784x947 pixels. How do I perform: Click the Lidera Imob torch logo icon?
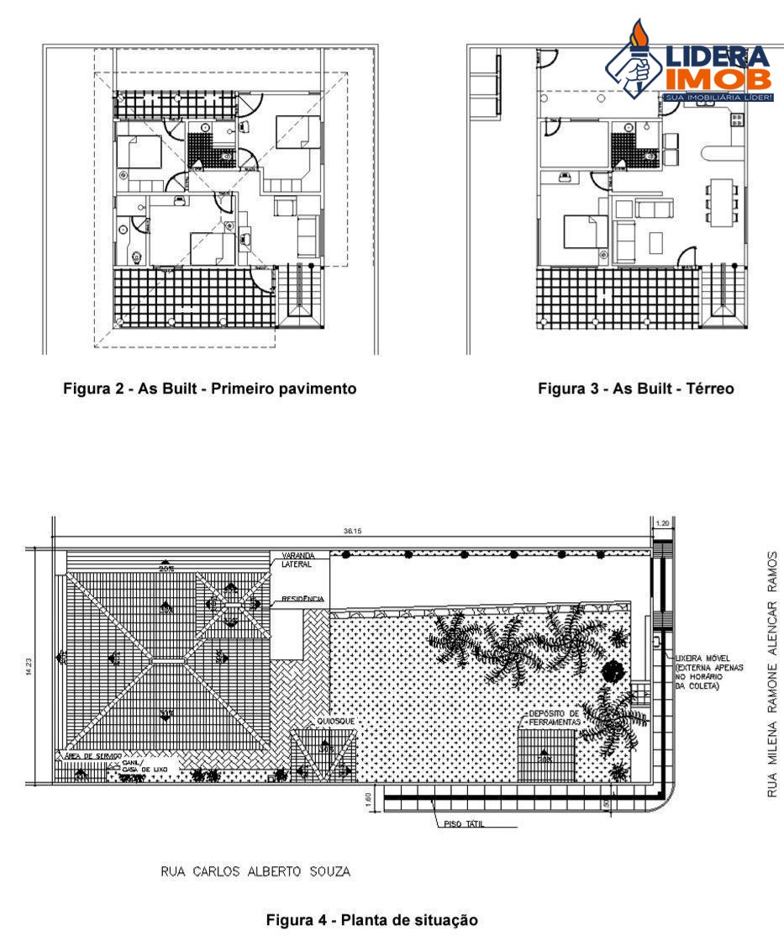click(x=635, y=61)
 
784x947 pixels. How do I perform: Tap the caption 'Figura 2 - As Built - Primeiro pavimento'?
click(x=210, y=389)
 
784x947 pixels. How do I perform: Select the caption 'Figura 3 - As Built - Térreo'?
click(x=636, y=389)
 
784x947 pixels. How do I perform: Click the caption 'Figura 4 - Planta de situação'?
click(x=372, y=920)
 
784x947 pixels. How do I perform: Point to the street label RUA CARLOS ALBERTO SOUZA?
click(x=255, y=872)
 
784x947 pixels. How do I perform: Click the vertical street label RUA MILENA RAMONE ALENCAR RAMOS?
click(x=772, y=674)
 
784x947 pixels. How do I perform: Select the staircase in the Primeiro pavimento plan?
click(x=300, y=290)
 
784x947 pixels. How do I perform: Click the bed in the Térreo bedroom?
click(x=584, y=231)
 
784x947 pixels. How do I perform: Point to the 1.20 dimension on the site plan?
click(x=662, y=522)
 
